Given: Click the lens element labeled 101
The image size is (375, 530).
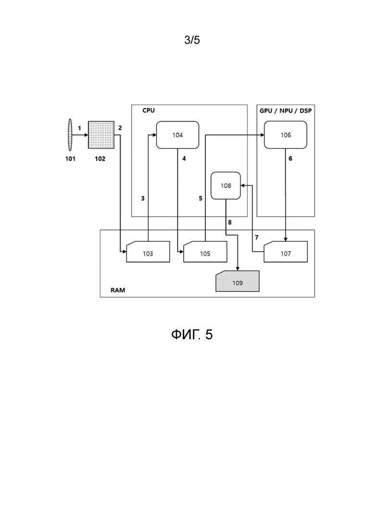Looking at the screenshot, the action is (70, 135).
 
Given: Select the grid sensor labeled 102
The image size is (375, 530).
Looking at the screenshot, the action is (101, 135).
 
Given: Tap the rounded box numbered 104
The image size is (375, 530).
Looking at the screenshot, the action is (177, 135).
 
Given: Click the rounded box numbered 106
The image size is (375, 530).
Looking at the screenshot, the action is (286, 135).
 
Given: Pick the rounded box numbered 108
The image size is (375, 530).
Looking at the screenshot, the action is (226, 185).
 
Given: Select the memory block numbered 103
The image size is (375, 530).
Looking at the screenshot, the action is (148, 252).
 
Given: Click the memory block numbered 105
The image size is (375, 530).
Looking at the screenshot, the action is (205, 252).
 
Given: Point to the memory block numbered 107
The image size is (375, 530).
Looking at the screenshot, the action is (286, 252).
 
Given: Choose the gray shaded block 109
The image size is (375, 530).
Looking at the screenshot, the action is (237, 281).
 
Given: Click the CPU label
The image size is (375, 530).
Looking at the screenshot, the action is (149, 111).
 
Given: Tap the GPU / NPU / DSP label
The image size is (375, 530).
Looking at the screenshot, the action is (286, 111).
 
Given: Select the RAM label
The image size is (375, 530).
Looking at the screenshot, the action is (118, 290).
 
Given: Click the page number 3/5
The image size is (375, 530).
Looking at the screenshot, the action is (192, 40).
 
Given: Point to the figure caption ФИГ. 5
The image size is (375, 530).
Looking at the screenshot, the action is (192, 334).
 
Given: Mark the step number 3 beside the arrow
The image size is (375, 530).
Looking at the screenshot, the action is (143, 198).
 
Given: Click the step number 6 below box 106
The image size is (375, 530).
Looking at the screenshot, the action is (290, 158).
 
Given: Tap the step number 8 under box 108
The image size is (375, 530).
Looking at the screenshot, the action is (230, 222).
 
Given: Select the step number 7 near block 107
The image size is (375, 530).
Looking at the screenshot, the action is (257, 238).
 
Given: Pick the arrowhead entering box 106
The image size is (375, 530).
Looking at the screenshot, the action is (262, 135).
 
